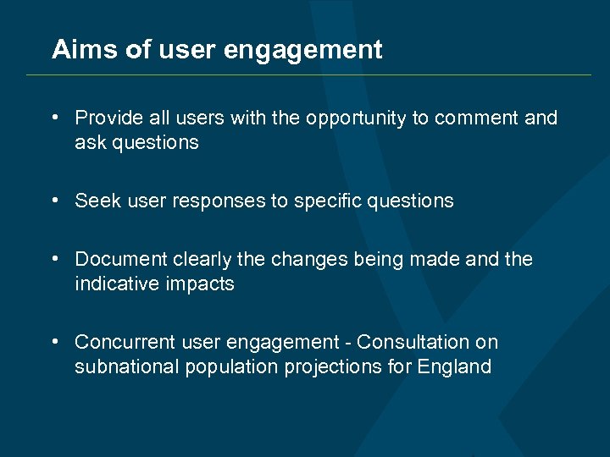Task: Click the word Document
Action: (x=119, y=259)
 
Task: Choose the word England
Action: (x=454, y=367)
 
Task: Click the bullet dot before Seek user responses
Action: (x=54, y=201)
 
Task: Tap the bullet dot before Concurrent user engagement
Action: (x=54, y=343)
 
